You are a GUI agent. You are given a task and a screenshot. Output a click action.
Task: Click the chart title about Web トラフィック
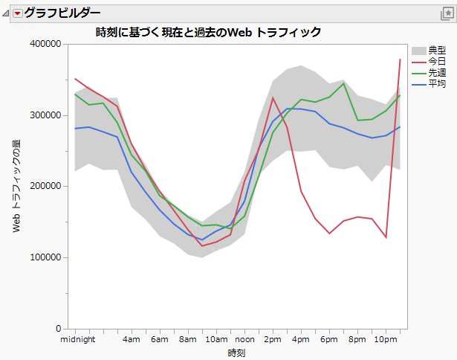click(208, 32)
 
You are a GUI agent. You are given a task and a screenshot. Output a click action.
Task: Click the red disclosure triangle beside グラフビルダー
click(17, 13)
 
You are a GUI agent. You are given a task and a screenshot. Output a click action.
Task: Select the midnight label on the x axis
click(77, 340)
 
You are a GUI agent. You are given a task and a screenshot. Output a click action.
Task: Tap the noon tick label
click(244, 340)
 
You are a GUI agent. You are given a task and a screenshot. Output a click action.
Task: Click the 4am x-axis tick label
click(132, 340)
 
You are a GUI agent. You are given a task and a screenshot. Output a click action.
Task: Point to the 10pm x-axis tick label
click(385, 340)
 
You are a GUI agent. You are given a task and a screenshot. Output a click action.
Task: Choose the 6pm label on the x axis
click(329, 340)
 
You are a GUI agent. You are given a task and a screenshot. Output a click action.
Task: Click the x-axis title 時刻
click(236, 353)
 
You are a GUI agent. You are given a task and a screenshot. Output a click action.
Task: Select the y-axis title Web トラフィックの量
click(16, 186)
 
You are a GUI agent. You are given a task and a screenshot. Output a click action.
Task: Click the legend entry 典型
click(437, 50)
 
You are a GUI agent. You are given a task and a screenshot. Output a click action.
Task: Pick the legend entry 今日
click(437, 60)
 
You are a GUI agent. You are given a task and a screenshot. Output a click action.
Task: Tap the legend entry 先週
click(437, 71)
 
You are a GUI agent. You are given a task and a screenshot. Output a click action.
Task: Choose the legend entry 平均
click(437, 81)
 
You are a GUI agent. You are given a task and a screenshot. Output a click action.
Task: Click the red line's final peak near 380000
click(400, 60)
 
